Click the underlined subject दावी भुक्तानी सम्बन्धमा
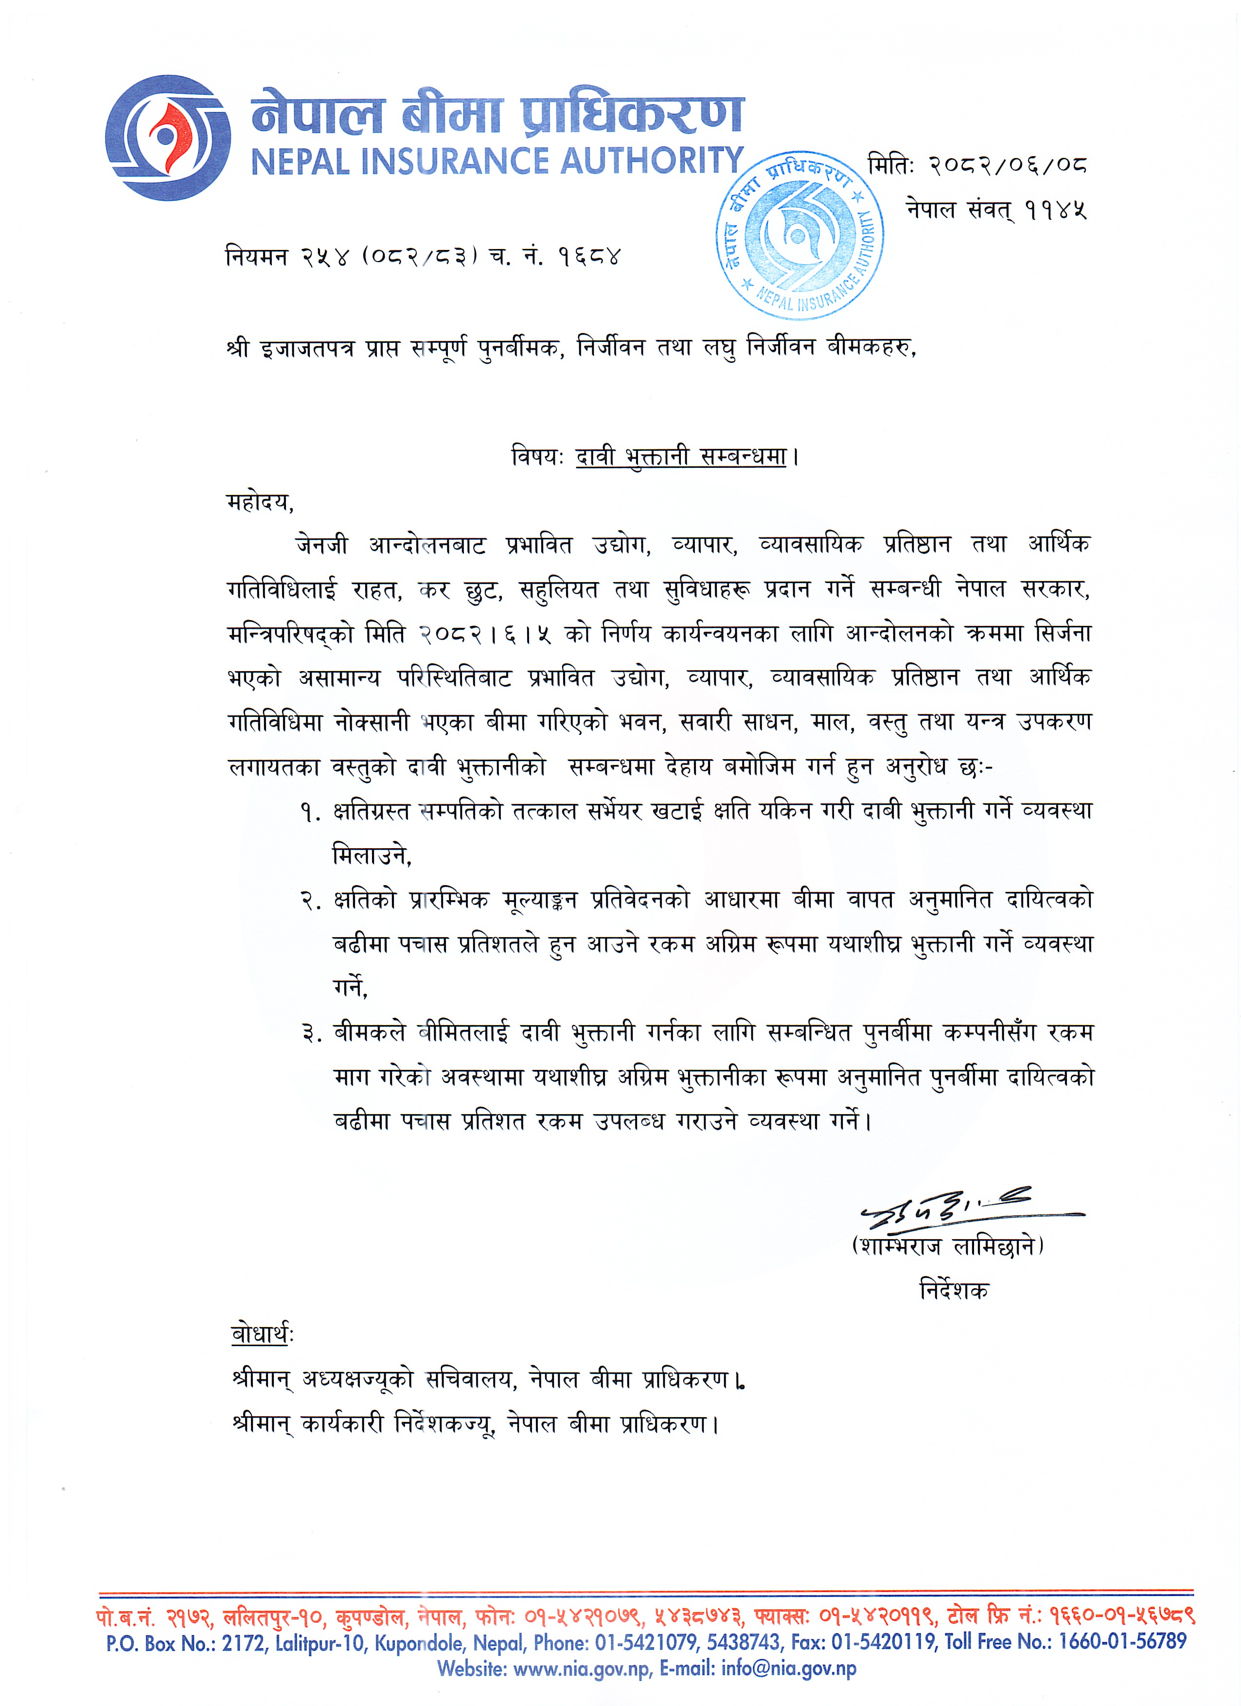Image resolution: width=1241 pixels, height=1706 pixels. tap(681, 457)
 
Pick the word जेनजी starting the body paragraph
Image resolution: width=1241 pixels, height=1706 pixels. tap(322, 545)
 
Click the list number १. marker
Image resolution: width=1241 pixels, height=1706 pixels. tap(311, 812)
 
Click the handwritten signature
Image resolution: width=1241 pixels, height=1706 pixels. tap(970, 1209)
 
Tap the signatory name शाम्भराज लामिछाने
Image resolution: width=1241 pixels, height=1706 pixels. tap(948, 1247)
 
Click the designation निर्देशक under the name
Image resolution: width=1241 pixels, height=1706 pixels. tap(954, 1291)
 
